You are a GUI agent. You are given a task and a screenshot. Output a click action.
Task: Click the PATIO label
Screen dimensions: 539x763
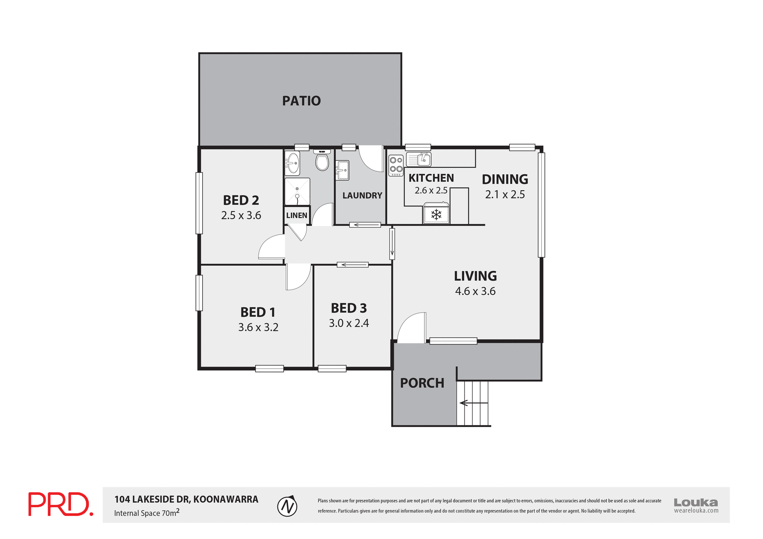(301, 101)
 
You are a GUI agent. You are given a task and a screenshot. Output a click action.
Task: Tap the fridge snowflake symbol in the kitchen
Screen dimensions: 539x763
(436, 215)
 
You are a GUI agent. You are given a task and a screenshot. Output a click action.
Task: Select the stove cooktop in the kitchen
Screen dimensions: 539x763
(396, 165)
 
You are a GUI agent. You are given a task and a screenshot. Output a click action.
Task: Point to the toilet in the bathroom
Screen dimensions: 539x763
(322, 161)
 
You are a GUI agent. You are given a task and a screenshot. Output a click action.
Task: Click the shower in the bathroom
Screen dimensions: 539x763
(297, 191)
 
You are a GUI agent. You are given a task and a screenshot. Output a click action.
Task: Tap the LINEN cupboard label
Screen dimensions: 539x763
(296, 216)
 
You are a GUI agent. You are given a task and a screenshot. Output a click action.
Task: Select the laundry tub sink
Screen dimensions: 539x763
(342, 170)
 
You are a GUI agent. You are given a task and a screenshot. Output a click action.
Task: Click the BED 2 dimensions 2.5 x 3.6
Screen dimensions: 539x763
(241, 215)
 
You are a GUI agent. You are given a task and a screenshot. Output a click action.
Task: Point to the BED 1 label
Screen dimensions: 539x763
(258, 312)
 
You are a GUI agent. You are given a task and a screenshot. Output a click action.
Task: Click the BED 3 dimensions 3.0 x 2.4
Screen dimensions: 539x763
(349, 323)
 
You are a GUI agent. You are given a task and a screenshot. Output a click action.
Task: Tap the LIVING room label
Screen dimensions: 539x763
(475, 276)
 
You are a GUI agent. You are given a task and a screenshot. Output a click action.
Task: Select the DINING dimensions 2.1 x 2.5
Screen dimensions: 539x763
(505, 195)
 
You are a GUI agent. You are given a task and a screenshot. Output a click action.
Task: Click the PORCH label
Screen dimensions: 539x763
(422, 383)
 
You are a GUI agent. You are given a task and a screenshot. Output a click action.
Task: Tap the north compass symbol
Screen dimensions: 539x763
(287, 506)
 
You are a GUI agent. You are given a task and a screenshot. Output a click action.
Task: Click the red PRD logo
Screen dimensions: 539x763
(60, 504)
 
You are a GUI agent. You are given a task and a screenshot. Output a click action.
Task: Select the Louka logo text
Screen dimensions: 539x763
(695, 502)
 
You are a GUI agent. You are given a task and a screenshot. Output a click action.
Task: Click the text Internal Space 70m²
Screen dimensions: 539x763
(147, 513)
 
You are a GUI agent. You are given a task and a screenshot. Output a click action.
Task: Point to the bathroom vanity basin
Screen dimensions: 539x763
(292, 163)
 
